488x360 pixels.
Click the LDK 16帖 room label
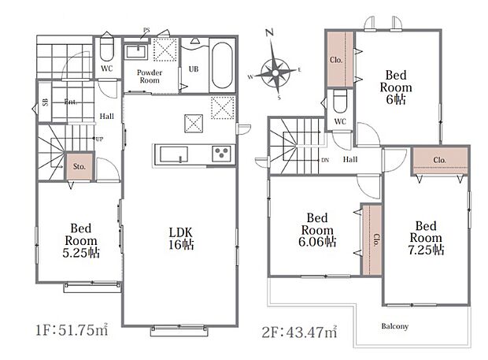181,239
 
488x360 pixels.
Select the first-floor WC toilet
107,50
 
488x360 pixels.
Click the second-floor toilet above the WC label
339,102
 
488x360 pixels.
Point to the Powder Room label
150,76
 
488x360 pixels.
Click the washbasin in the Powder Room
135,51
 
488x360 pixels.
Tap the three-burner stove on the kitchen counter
222,154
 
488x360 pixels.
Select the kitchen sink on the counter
174,154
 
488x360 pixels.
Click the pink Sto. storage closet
79,166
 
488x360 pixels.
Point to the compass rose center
275,73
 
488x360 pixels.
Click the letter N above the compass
269,32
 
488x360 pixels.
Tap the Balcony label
394,326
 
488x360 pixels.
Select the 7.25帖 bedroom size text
426,250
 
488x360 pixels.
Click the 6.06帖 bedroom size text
317,242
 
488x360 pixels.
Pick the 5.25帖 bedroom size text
81,253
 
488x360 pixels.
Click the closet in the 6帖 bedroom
340,59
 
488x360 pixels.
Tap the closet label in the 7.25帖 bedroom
439,160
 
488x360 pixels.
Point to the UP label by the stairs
99,139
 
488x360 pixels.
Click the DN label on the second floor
325,160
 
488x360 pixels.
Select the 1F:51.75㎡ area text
72,329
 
